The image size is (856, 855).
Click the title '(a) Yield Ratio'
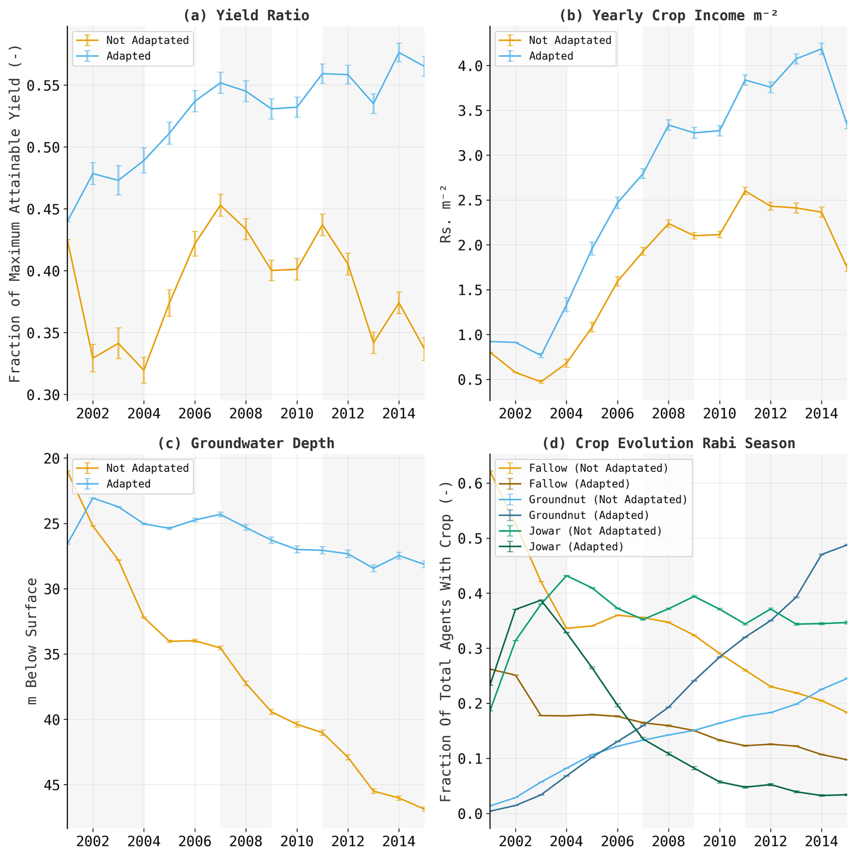pos(246,15)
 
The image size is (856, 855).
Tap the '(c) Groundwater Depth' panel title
pos(246,443)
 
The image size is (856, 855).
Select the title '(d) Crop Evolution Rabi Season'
pos(668,443)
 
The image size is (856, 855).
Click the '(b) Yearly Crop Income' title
pos(668,15)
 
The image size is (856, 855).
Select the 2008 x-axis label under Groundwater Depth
pos(246,841)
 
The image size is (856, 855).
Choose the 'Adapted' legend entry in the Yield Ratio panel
pos(128,56)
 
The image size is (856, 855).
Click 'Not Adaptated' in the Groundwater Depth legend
pos(147,468)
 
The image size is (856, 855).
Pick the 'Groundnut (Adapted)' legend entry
pos(589,515)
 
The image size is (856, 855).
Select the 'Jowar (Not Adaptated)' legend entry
pos(595,531)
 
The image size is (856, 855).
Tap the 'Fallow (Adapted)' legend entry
pos(580,484)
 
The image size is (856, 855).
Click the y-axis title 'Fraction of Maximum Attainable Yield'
pos(15,213)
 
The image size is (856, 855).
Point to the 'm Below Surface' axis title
pos(32,641)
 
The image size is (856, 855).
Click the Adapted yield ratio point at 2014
pos(399,53)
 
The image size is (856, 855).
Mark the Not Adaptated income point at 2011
pos(745,191)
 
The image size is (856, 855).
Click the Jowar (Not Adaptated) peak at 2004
pos(566,576)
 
